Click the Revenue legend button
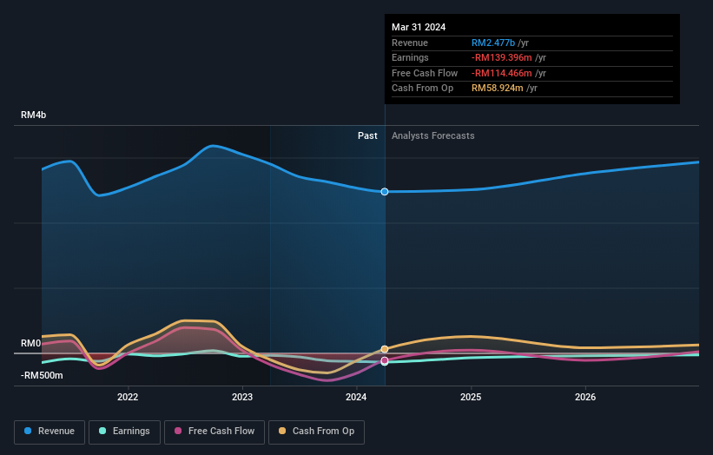(x=50, y=431)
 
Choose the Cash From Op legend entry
(x=316, y=431)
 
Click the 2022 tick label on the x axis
(x=128, y=398)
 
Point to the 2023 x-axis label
(x=242, y=398)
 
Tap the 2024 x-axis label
(x=356, y=398)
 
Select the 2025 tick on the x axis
(x=471, y=398)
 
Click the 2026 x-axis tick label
(x=585, y=398)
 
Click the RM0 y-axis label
(x=31, y=344)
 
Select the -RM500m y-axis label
(x=42, y=375)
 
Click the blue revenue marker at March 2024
(x=384, y=191)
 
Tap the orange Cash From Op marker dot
(x=384, y=349)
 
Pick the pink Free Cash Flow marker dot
(x=384, y=360)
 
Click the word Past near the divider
(x=367, y=135)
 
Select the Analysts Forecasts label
(x=432, y=135)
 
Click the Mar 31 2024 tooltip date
(x=419, y=27)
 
